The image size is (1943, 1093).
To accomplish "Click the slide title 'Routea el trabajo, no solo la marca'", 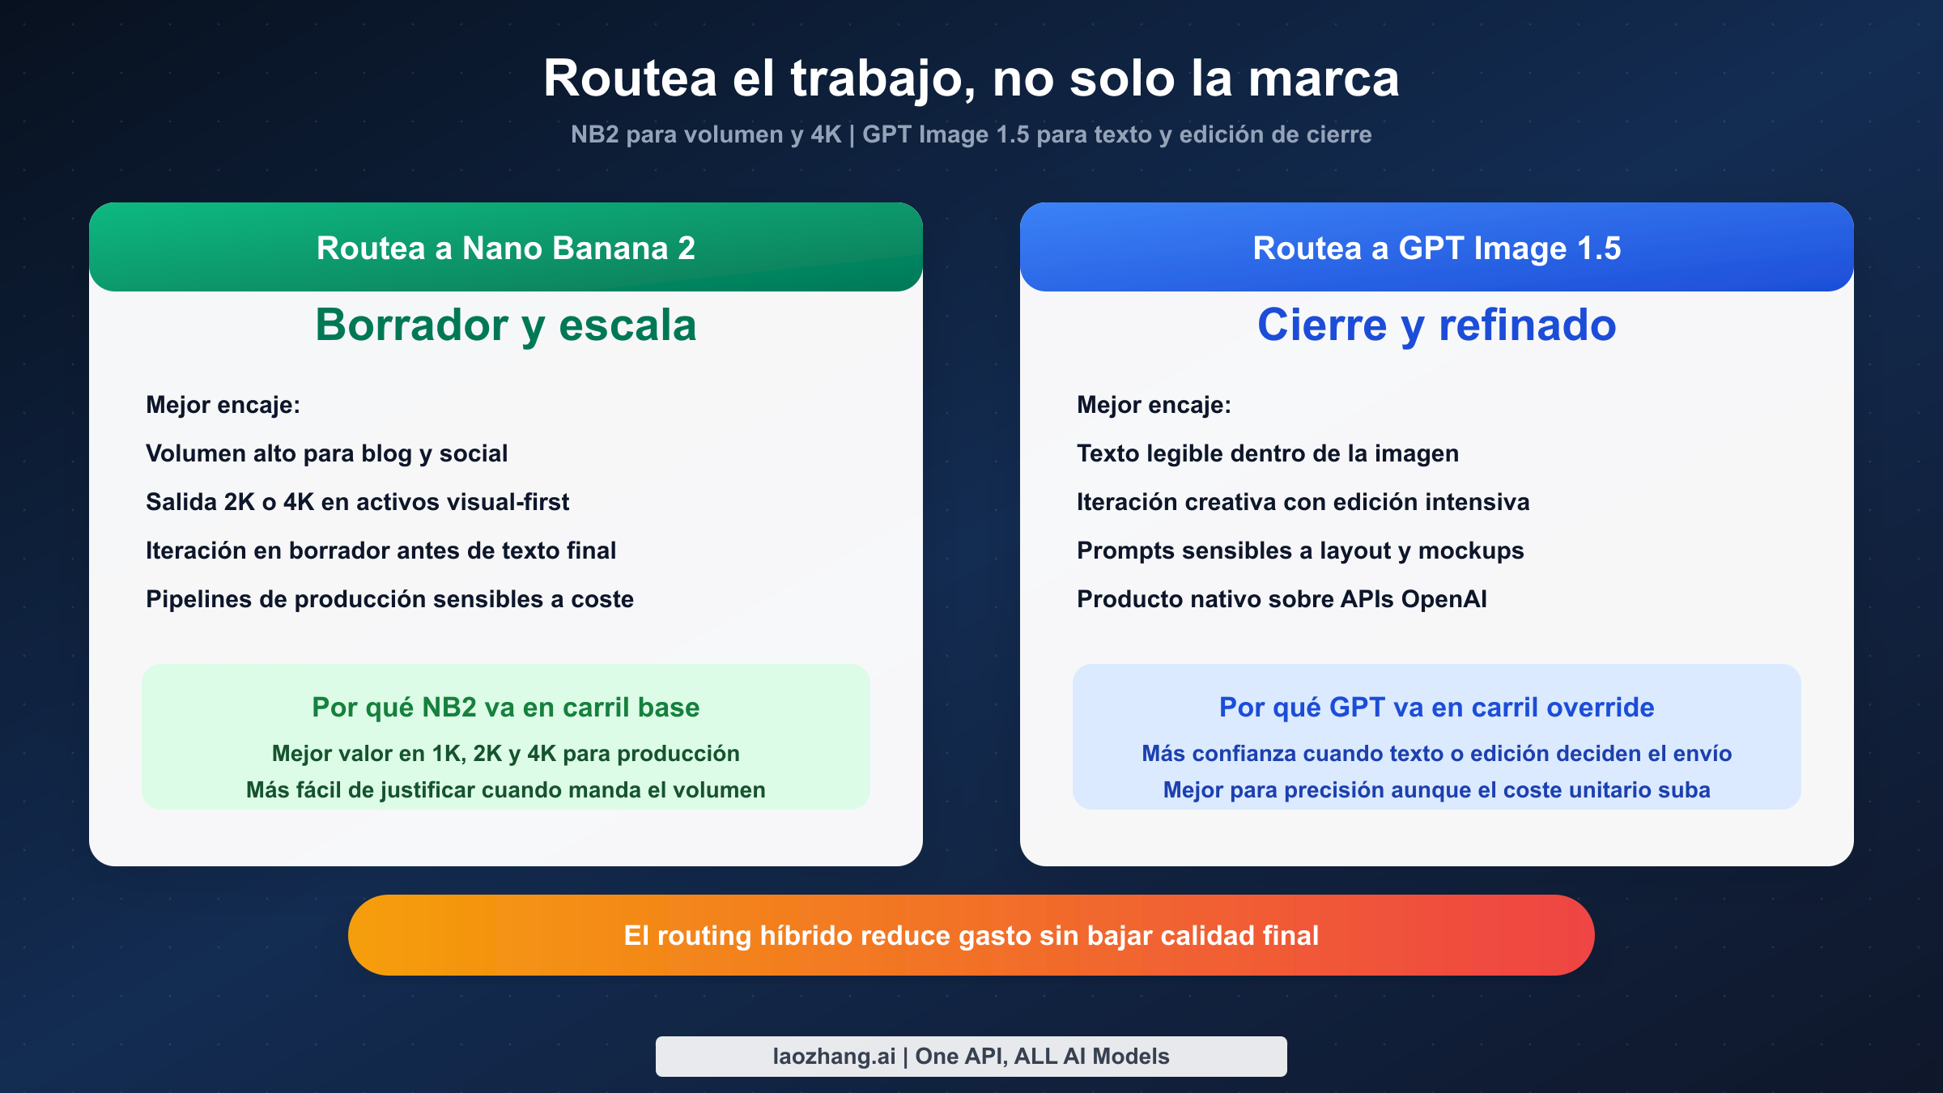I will point(971,79).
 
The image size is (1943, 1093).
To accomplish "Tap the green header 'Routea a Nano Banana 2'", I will point(506,248).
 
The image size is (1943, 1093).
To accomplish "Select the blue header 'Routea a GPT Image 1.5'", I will point(1436,248).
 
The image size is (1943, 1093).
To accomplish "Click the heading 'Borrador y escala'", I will point(506,325).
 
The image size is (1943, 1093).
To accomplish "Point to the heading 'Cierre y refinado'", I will point(1436,325).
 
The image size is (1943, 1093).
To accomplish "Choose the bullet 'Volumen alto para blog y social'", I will point(326,453).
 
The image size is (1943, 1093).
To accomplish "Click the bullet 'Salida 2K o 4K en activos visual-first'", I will point(357,502).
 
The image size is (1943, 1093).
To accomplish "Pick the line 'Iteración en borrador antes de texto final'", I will point(381,551).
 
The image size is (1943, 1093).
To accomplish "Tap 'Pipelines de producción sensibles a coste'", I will point(389,599).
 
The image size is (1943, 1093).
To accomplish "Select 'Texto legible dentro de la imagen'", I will point(1267,453).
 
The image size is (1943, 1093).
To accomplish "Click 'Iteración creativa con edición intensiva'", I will point(1303,502).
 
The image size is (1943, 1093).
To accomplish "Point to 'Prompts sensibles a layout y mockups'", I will point(1299,551).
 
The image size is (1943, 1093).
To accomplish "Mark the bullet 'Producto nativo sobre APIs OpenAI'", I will point(1282,599).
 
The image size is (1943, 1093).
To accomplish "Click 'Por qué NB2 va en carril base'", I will point(506,708).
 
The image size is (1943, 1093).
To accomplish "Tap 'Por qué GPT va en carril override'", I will point(1436,708).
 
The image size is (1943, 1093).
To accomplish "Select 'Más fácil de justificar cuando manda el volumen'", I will point(506,790).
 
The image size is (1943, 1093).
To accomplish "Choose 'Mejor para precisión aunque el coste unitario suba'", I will point(1436,790).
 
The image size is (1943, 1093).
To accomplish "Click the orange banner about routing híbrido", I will point(971,935).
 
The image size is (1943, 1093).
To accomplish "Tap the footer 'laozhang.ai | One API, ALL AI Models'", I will point(971,1057).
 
